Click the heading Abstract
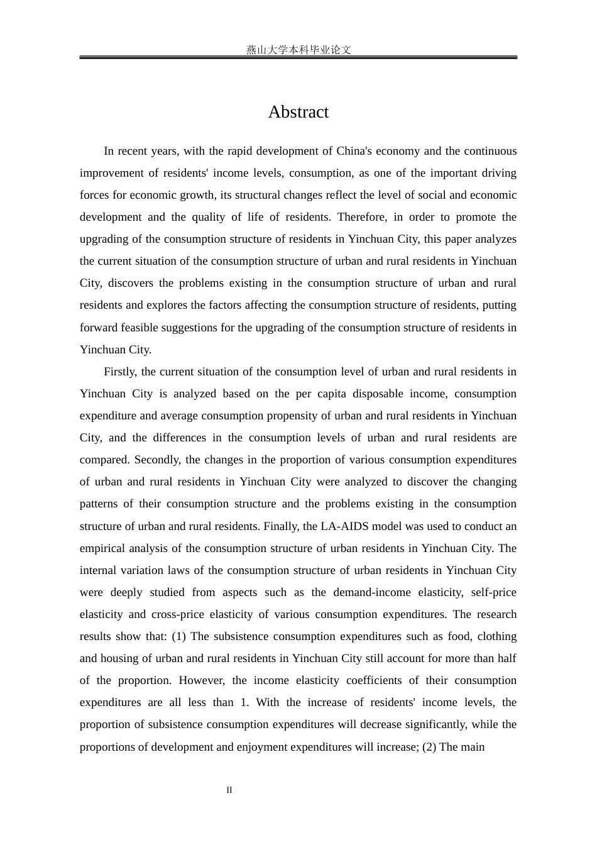298,112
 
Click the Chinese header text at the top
298,50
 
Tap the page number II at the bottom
229,790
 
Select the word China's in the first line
356,151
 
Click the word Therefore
361,217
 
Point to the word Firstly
119,372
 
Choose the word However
202,680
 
